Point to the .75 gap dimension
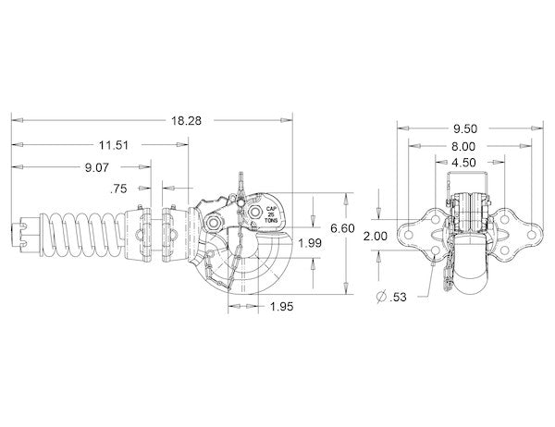click(x=117, y=189)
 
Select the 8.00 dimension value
click(x=464, y=146)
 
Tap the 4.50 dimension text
click(x=464, y=163)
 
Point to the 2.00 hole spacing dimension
click(x=375, y=237)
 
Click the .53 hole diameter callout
click(x=399, y=297)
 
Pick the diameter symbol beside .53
click(x=381, y=297)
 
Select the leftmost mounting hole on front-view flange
click(x=404, y=235)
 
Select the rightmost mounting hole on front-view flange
click(x=528, y=235)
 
